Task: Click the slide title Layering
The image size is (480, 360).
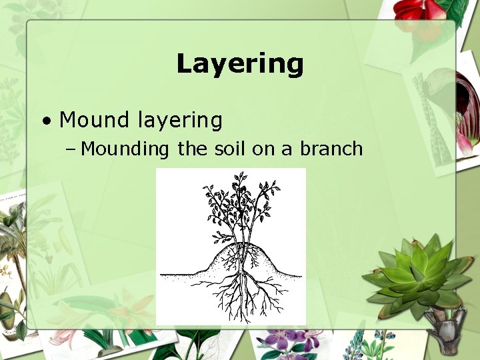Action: [x=240, y=64]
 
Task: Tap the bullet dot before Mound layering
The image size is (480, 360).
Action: [x=46, y=122]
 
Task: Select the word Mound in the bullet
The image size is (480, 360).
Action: [x=94, y=120]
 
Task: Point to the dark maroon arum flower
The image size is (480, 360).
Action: [x=467, y=107]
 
